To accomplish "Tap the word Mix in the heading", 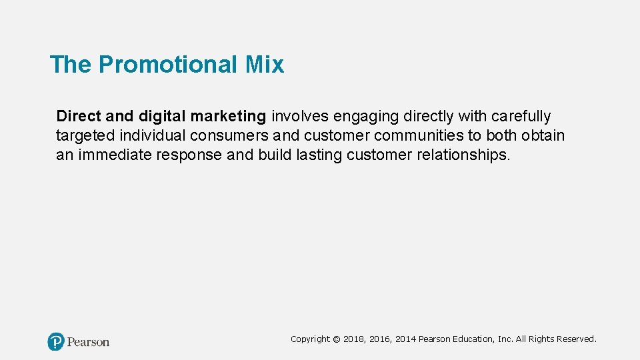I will pyautogui.click(x=264, y=65).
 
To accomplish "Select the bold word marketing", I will pyautogui.click(x=228, y=117).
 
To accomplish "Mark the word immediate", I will pyautogui.click(x=115, y=155).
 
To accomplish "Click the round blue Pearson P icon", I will pyautogui.click(x=56, y=342).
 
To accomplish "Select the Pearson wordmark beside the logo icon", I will pyautogui.click(x=88, y=342).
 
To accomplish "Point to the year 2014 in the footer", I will pyautogui.click(x=405, y=339).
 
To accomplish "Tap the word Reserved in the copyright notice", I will pyautogui.click(x=575, y=339).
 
